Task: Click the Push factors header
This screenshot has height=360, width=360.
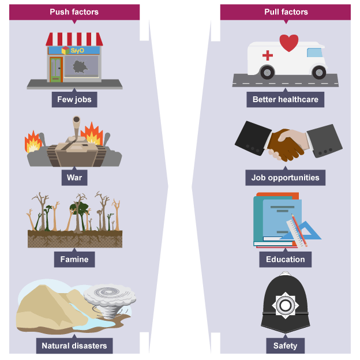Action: point(74,12)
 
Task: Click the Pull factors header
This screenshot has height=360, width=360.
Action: point(286,12)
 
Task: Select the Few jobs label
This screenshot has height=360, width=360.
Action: point(74,100)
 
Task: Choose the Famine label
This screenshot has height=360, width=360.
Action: point(74,259)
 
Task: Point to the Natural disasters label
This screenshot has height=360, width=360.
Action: point(74,346)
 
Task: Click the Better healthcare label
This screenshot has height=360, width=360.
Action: point(285,100)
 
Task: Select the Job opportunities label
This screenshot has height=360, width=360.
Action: point(285,177)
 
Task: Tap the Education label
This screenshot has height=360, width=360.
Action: point(285,259)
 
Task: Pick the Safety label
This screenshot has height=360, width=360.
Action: point(285,346)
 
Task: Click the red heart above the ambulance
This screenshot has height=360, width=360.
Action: point(288,43)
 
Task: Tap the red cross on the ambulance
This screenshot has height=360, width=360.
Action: point(268,55)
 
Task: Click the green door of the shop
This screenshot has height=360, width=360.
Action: point(56,69)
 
